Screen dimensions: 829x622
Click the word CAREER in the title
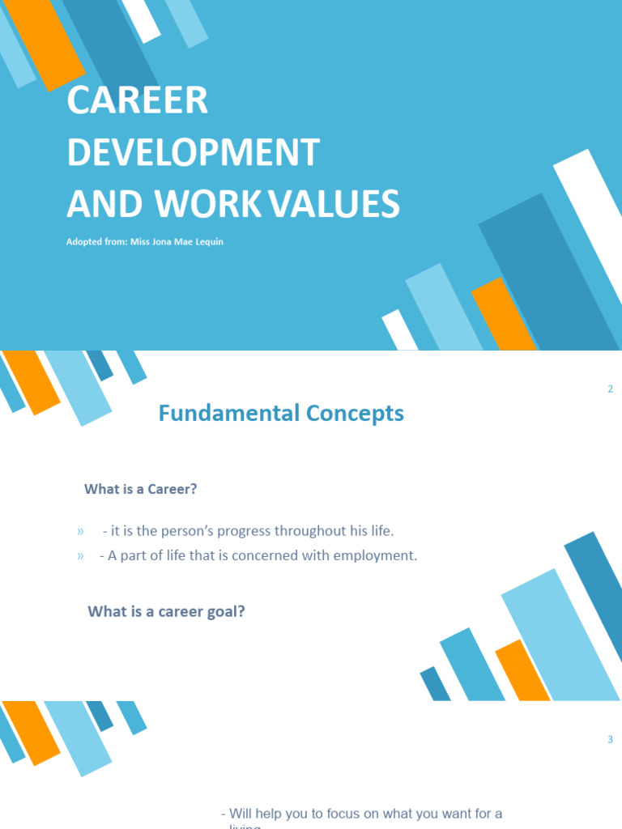tap(138, 100)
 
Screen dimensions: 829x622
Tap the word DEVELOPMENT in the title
tap(193, 152)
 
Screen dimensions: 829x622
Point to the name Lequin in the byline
tap(205, 242)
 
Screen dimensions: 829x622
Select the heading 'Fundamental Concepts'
tap(281, 414)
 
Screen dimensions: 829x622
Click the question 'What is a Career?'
tap(141, 489)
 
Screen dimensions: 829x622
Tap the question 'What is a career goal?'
tap(166, 611)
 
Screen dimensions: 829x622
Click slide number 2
tap(610, 389)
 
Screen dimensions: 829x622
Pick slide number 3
tap(610, 739)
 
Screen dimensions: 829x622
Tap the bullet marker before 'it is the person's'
tap(80, 532)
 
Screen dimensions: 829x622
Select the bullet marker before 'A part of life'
tap(80, 556)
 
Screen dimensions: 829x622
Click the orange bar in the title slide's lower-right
tap(503, 315)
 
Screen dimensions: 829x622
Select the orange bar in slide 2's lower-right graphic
tap(523, 670)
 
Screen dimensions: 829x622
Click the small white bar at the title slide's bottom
tap(399, 330)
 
